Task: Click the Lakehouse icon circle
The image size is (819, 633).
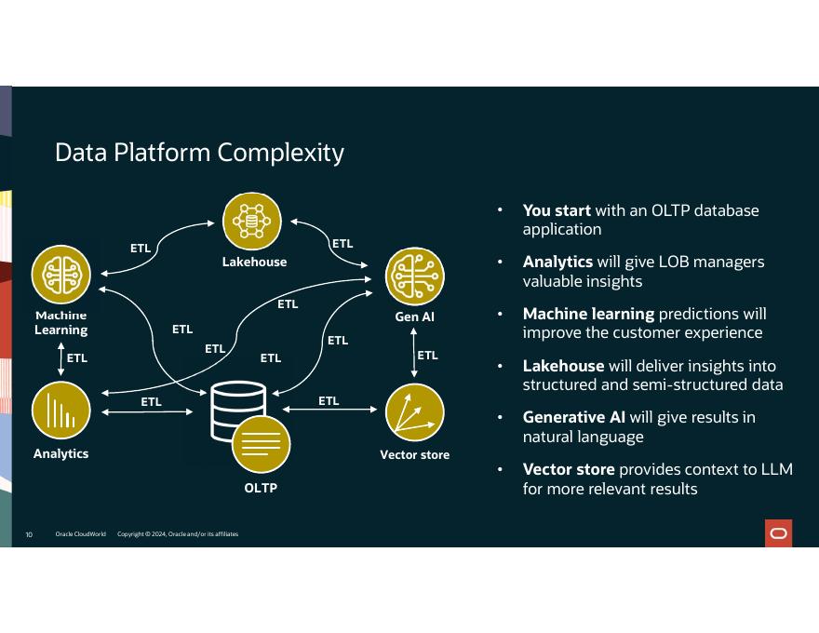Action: [252, 222]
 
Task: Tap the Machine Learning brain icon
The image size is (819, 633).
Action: [61, 275]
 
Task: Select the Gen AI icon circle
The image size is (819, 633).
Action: [415, 276]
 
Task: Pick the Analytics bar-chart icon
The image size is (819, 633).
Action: [61, 411]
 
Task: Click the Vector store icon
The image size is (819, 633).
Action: [415, 412]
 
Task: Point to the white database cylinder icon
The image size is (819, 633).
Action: [238, 410]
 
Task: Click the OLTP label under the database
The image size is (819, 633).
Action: [261, 488]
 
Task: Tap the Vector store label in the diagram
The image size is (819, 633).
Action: [415, 455]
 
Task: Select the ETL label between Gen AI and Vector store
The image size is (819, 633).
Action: [428, 356]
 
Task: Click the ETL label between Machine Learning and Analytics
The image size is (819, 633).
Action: [76, 357]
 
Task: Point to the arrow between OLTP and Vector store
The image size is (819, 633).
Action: [329, 410]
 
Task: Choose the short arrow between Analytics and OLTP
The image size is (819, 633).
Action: [147, 412]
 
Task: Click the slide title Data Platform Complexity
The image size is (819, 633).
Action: [199, 153]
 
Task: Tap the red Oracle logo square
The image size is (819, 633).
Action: [778, 533]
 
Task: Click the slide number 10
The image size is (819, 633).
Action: [29, 534]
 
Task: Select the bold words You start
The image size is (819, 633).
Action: [557, 210]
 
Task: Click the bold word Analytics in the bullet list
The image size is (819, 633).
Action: [557, 262]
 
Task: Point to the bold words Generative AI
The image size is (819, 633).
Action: [574, 417]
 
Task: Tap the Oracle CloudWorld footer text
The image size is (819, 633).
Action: [80, 533]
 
